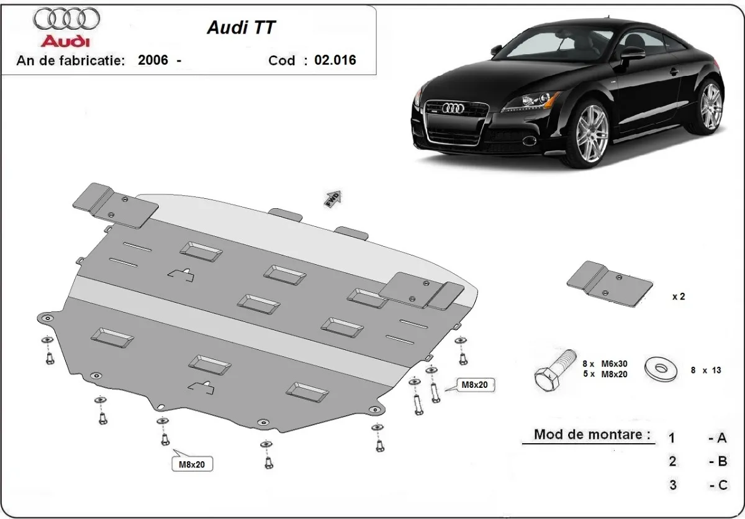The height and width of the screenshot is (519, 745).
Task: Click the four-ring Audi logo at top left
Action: [66, 20]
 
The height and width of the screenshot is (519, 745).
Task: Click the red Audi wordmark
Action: [66, 41]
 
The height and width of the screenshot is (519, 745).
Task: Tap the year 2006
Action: [153, 60]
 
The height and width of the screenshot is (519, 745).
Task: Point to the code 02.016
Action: [335, 60]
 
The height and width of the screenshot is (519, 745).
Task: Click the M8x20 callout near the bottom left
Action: [192, 464]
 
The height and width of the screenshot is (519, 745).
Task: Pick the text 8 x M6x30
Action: [605, 364]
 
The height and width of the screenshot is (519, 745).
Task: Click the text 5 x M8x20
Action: [605, 374]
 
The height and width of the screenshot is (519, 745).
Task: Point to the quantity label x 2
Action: [679, 296]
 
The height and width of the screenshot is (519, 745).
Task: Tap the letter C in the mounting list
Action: [722, 485]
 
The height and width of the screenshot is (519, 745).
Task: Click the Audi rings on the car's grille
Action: [453, 109]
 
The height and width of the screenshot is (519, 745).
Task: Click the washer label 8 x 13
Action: [706, 370]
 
